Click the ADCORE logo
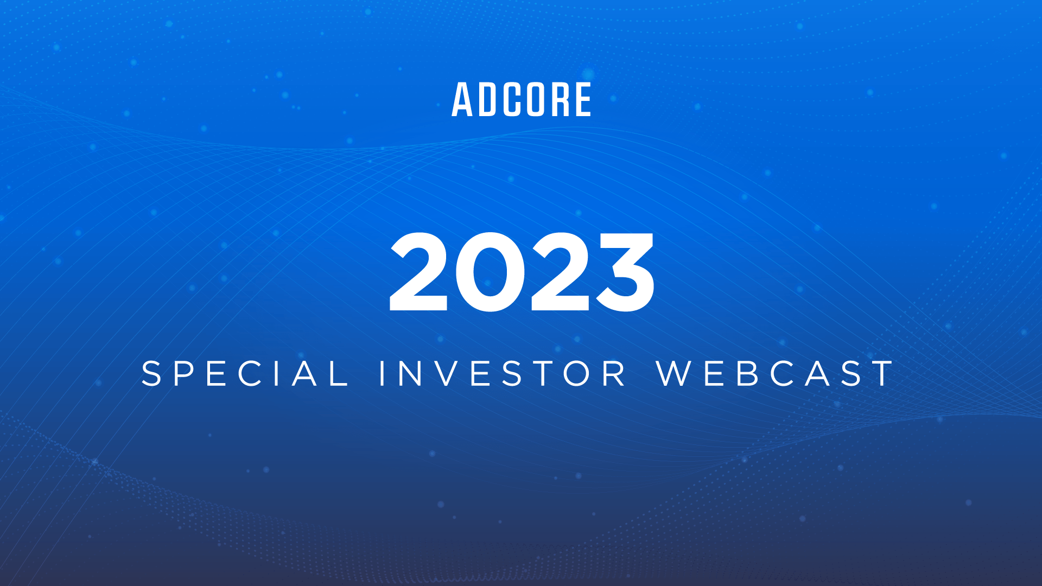(x=522, y=100)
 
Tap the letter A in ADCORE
(x=463, y=100)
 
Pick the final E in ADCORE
(x=582, y=100)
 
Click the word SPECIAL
(x=245, y=374)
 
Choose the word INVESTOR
(x=502, y=374)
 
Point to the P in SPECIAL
(x=184, y=374)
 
